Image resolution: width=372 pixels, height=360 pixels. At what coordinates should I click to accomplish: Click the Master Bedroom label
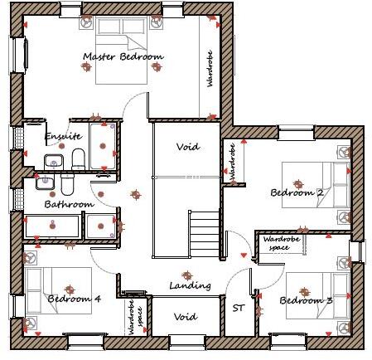coord(123,57)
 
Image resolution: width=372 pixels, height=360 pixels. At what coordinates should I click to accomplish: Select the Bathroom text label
coord(70,203)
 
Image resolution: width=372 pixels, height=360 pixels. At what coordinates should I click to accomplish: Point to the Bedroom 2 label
coord(296,193)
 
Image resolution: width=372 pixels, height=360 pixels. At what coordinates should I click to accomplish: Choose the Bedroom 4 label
coord(74,299)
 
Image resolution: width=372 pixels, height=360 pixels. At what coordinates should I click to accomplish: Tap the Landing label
coord(190,285)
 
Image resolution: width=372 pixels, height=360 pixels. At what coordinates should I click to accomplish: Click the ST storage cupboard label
coord(239,308)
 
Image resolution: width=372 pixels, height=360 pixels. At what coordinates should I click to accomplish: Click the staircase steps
coord(205,232)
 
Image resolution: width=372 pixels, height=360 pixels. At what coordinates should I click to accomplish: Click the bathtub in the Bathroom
coord(54,225)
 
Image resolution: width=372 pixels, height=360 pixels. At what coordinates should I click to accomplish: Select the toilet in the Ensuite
coord(78,157)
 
